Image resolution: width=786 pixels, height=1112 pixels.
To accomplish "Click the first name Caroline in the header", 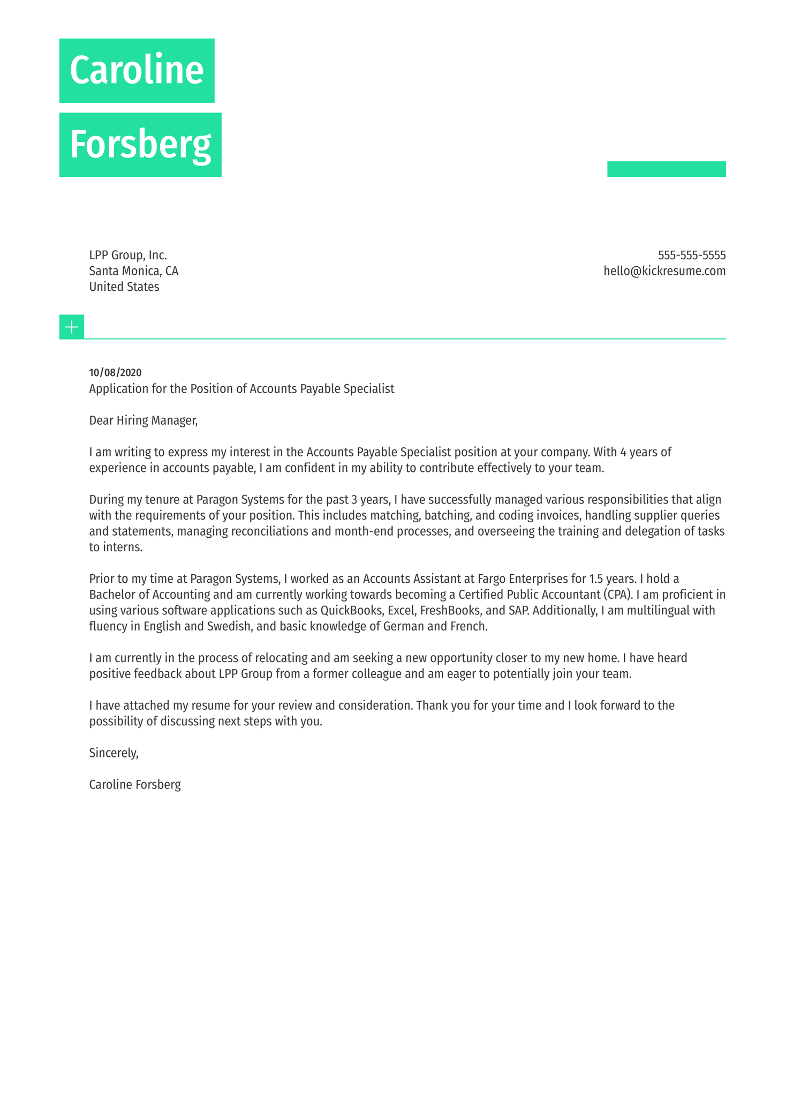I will [x=137, y=70].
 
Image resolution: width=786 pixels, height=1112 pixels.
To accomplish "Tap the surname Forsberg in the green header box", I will [x=140, y=145].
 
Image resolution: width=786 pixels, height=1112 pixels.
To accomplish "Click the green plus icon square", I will [x=72, y=327].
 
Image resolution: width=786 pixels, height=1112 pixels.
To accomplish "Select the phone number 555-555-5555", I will [x=691, y=255].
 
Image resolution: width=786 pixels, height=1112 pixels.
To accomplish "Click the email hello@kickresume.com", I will [x=664, y=271].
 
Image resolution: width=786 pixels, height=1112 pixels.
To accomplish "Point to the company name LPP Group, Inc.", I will [x=128, y=255].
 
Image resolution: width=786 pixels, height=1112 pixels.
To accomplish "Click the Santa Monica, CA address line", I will [x=133, y=271].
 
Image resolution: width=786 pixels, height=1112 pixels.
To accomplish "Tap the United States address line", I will [x=124, y=287].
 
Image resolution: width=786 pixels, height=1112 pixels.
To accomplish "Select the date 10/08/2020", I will [x=115, y=373].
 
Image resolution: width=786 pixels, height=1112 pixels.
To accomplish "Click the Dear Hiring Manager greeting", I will [x=143, y=420].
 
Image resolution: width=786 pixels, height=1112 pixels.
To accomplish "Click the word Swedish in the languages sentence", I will [x=229, y=626].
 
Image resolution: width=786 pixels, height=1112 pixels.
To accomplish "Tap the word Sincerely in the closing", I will [x=114, y=753].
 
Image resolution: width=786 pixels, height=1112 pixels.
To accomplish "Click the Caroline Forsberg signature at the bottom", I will [x=135, y=785].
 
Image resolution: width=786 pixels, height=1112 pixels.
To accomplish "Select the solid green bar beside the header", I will [x=666, y=169].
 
